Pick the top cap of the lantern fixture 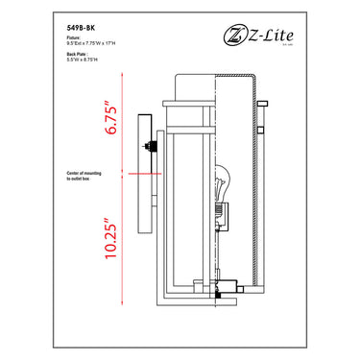tap(191, 93)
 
